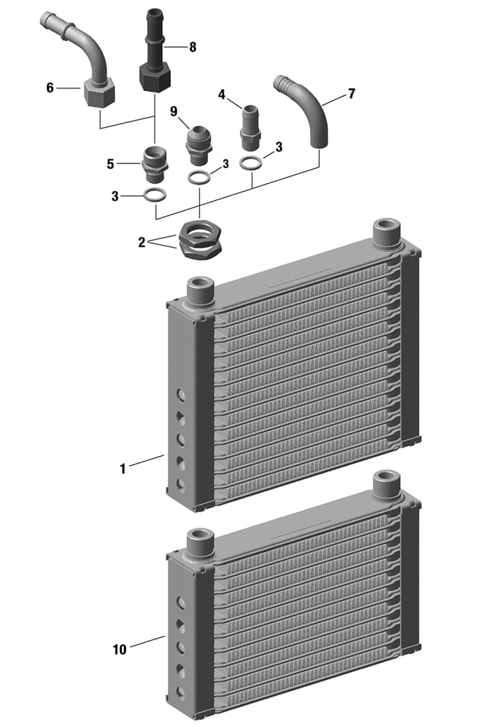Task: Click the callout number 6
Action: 50,88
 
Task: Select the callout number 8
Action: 193,47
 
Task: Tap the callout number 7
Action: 351,94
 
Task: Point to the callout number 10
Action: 119,649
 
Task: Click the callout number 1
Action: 123,468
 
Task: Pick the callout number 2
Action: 142,242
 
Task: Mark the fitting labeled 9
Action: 198,144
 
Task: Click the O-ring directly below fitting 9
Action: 199,177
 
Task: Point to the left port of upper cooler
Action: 200,290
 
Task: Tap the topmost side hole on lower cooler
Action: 181,602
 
